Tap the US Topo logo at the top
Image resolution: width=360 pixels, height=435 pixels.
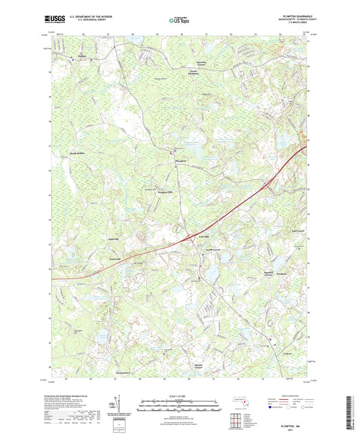178,21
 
